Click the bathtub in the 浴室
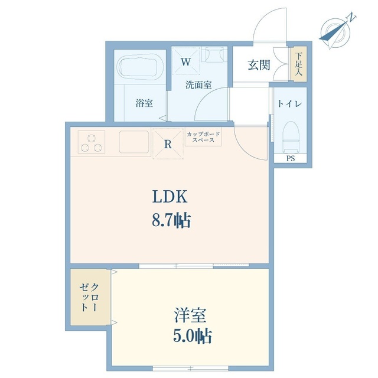coord(141,67)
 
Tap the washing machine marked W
coord(186,61)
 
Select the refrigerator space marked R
coord(168,144)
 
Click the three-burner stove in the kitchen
coord(92,142)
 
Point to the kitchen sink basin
coord(134,142)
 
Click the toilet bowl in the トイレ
coord(291,136)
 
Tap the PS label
coord(291,158)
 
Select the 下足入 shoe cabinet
coord(298,64)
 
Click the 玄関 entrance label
coord(259,65)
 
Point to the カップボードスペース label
coord(203,137)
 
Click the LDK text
coord(170,197)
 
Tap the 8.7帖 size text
coord(171,220)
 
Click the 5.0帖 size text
coord(193,336)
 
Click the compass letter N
coord(351,18)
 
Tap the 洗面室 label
coord(198,85)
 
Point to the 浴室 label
coord(144,103)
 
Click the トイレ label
coord(289,104)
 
